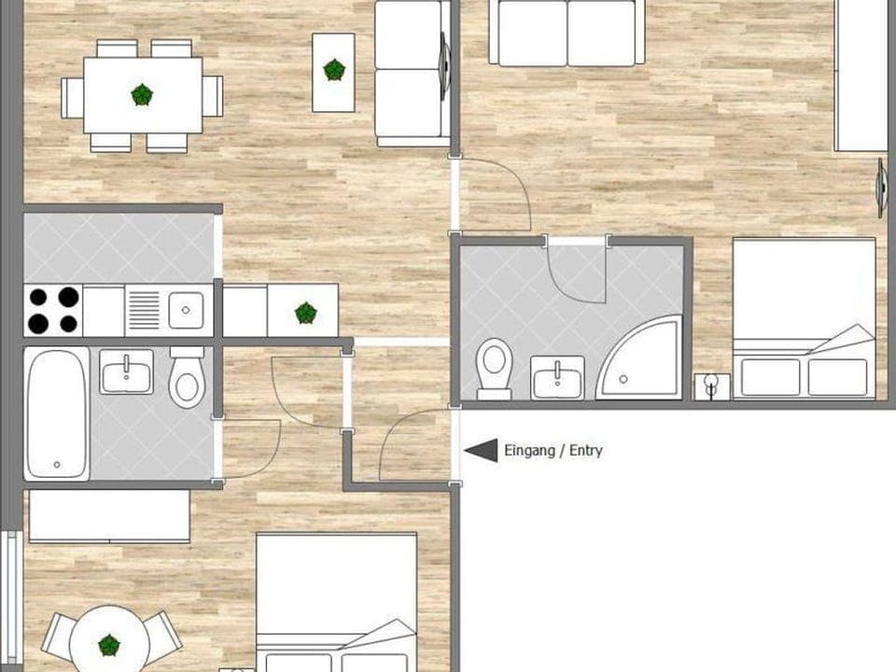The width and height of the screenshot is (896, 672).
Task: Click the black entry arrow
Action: (x=482, y=451)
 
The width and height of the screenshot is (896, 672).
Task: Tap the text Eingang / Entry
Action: (x=553, y=451)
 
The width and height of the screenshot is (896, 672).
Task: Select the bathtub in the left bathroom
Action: (x=56, y=413)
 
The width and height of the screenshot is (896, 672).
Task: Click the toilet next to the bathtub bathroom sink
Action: (x=187, y=378)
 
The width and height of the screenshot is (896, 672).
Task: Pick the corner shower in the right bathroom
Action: (x=644, y=359)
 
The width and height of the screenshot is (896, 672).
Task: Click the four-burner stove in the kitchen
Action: (x=53, y=310)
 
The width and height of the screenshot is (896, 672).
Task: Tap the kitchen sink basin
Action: (x=186, y=310)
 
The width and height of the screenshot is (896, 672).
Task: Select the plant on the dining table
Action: (x=142, y=94)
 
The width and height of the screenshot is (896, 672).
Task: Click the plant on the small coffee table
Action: (x=333, y=70)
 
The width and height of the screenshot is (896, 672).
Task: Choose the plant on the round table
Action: (x=109, y=644)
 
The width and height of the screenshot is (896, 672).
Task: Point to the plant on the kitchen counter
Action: (x=305, y=313)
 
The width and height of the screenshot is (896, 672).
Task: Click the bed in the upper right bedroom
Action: (x=804, y=317)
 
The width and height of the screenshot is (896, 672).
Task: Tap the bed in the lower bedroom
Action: (x=336, y=602)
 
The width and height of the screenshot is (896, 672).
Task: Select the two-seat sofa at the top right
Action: (x=567, y=33)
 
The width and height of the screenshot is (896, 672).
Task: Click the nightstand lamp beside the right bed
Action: (x=712, y=385)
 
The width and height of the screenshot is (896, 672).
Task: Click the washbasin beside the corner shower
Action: (x=557, y=377)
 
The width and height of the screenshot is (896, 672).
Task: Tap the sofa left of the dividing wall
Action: (x=408, y=73)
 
